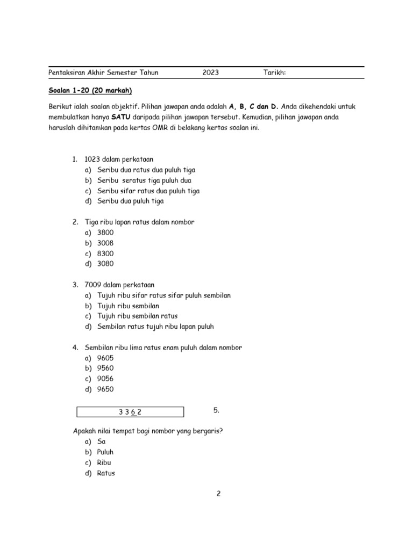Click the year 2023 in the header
(211, 73)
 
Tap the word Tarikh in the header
(274, 73)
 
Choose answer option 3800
(105, 233)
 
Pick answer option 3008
(105, 243)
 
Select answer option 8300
(105, 254)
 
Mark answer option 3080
(105, 264)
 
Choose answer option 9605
(105, 358)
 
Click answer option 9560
(105, 368)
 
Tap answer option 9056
(105, 379)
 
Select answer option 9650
(105, 389)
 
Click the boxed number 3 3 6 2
(130, 412)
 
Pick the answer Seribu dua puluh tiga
(131, 201)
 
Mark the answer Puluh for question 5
(105, 452)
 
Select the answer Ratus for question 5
(106, 473)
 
